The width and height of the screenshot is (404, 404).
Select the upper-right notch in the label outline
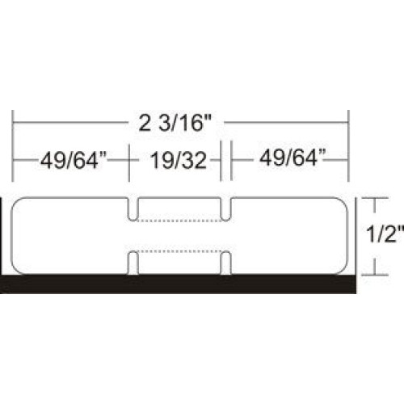(x=227, y=209)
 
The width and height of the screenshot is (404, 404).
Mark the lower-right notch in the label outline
(x=227, y=261)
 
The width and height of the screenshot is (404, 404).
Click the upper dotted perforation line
(x=179, y=219)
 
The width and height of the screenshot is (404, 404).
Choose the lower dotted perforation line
(x=179, y=251)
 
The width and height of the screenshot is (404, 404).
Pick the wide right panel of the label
(x=288, y=235)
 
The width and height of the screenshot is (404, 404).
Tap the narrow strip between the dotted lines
(x=179, y=235)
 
